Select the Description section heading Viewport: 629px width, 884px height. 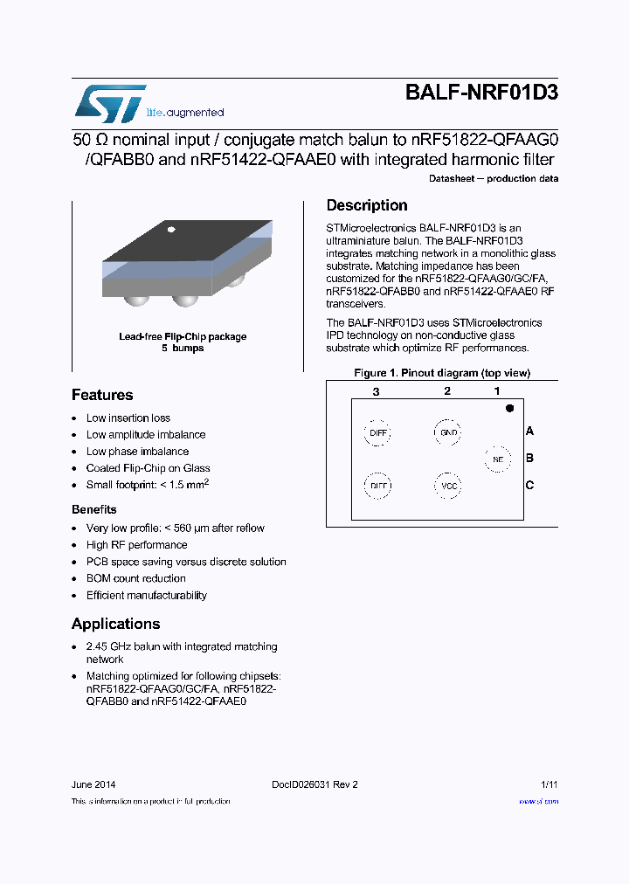(367, 205)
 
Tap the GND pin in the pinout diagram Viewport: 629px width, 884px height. (448, 432)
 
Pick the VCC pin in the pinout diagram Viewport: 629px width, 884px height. (449, 486)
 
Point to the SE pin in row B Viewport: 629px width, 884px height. (498, 459)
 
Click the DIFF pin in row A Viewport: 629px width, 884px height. (377, 432)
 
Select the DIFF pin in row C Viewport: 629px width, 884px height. (377, 486)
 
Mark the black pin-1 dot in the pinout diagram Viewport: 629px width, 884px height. (509, 408)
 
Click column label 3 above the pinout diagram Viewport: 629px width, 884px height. (376, 391)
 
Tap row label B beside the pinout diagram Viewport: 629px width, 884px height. (529, 458)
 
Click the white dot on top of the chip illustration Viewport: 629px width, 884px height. (171, 230)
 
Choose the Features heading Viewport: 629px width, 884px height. (102, 395)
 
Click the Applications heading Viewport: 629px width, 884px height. (115, 624)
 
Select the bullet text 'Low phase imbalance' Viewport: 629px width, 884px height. (137, 452)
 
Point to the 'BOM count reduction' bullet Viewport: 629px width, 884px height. (135, 578)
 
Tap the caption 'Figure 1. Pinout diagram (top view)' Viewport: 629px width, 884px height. (441, 373)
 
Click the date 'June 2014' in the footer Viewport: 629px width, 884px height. (93, 784)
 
